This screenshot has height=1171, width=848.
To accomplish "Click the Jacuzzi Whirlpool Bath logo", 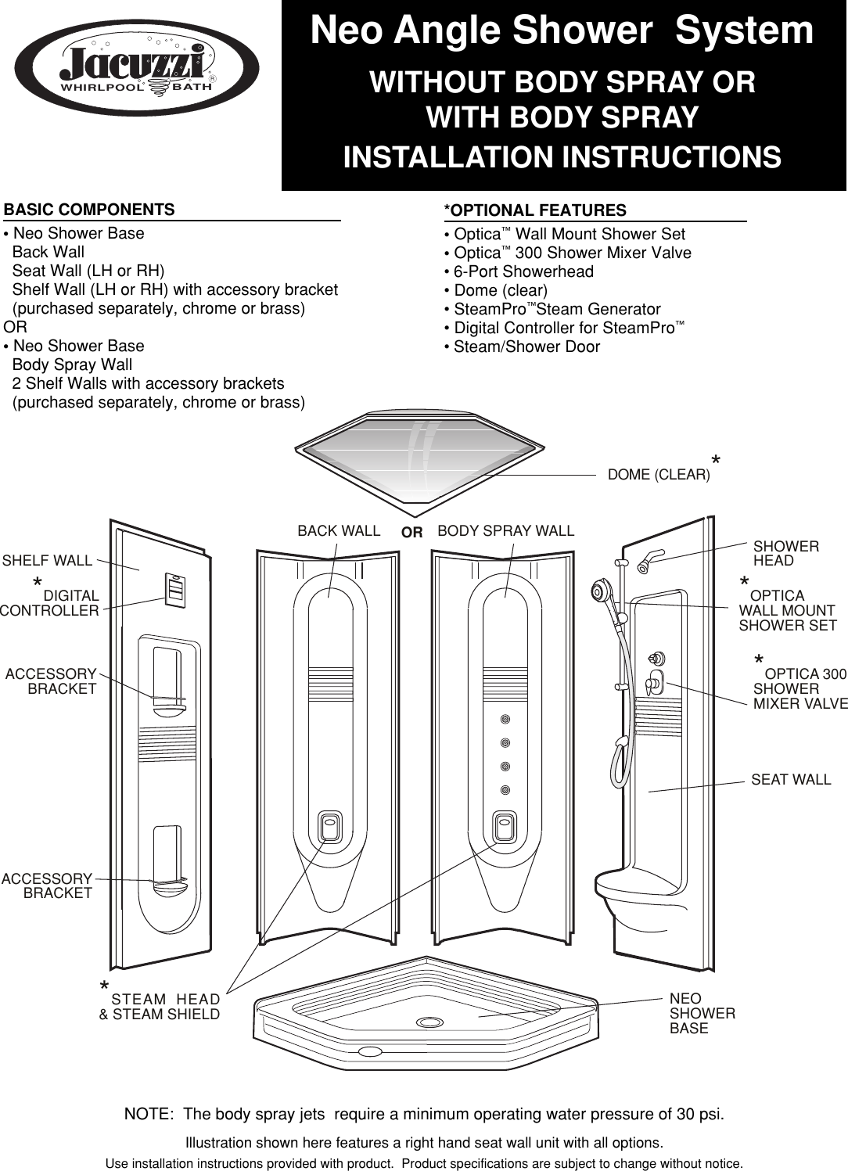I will pos(137,69).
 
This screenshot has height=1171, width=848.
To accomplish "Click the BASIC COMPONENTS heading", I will pos(89,210).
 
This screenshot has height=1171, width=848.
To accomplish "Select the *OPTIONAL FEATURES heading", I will pos(535,210).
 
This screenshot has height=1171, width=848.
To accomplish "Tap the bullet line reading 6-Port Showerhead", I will pos(523,271).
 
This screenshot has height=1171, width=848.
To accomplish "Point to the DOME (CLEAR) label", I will pos(659,475).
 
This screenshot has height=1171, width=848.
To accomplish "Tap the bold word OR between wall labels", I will pos(411,533).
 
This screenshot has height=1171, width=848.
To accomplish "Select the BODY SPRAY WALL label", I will pos(505,530).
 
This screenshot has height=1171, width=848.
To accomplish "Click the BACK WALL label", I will pos(339,530).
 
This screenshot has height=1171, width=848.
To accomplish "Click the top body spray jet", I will pos(505,719).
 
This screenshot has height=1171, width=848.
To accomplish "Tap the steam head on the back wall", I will pos(329,825).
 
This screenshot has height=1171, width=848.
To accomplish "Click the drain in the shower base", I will pos(429,1022).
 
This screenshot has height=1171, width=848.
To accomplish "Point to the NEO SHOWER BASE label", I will pos(702,1013).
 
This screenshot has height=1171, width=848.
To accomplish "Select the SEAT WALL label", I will pos(790,779).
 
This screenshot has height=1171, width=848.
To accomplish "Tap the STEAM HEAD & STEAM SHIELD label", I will pos(160,1007).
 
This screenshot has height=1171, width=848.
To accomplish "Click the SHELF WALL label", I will pos(47,560).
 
